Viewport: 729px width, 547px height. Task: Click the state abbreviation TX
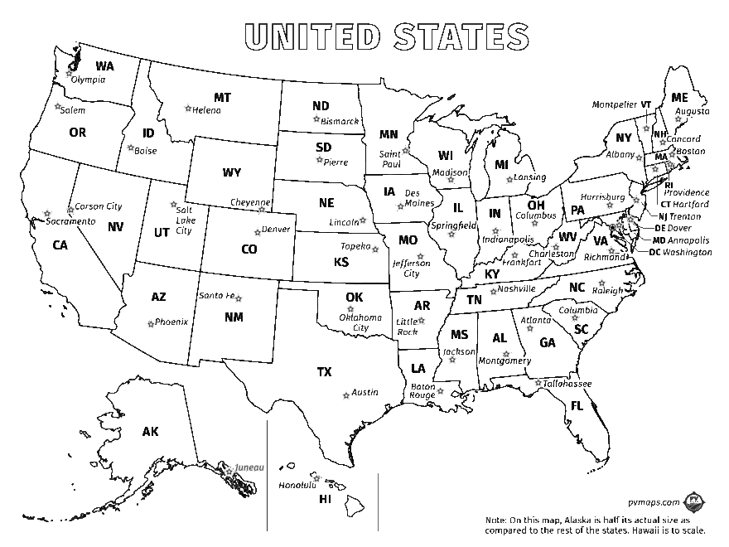point(324,372)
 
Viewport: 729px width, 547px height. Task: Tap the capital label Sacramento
point(70,222)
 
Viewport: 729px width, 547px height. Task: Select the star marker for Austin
point(345,395)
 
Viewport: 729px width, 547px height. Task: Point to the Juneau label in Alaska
point(249,467)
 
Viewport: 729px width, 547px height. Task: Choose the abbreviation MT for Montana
point(222,98)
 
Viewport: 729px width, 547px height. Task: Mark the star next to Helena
point(188,108)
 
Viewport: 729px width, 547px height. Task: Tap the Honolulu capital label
point(297,485)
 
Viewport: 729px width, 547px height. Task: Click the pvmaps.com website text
point(653,502)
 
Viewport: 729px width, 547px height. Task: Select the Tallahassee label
point(567,384)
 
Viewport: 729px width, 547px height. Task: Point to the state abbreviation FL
point(577,406)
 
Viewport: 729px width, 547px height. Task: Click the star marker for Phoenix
point(150,322)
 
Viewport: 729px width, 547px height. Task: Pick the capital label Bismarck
point(340,121)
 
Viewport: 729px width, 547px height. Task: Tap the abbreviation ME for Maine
point(679,98)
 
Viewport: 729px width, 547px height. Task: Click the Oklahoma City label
point(361,322)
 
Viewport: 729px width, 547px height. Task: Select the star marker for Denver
point(257,232)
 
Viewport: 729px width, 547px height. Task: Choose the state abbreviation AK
point(150,432)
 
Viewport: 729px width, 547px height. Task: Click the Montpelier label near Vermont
point(614,104)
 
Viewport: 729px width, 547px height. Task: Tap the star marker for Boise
point(130,149)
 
